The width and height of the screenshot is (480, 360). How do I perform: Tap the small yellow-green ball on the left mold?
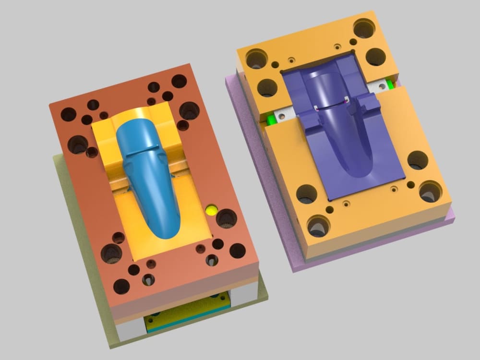[211, 210]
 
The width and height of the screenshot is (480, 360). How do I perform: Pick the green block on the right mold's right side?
[390, 84]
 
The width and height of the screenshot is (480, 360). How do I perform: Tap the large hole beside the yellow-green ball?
[226, 218]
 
